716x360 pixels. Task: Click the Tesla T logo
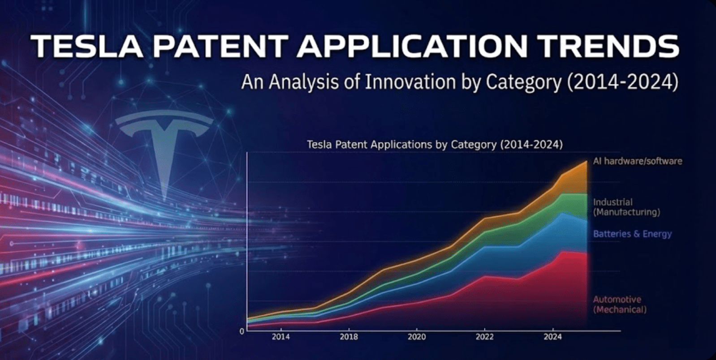coord(164,143)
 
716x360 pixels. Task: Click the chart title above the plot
coord(435,145)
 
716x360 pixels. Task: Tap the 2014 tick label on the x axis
coord(280,337)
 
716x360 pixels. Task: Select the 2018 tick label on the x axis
coord(349,337)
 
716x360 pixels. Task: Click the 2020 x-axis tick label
coord(417,337)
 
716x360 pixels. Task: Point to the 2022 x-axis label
coord(484,337)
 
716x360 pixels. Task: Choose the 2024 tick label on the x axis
coord(552,337)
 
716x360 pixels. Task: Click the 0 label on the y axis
coord(242,332)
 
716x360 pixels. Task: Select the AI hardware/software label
coord(637,161)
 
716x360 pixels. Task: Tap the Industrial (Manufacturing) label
coord(626,207)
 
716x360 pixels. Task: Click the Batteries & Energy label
coord(632,234)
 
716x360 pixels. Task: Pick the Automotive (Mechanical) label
coord(620,304)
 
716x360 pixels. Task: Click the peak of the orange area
coord(586,162)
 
